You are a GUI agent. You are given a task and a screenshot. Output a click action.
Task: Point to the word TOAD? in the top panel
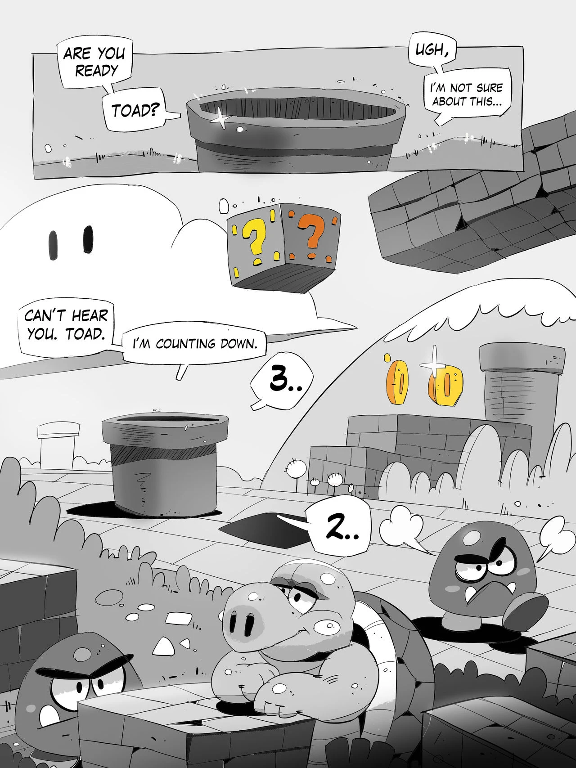point(134,110)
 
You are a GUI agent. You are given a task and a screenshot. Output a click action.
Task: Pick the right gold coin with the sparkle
point(445,384)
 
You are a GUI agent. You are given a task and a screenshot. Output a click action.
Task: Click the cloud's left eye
point(54,245)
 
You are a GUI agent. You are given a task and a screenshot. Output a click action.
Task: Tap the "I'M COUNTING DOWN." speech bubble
point(195,344)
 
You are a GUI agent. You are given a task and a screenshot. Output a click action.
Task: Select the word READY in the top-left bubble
point(96,71)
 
